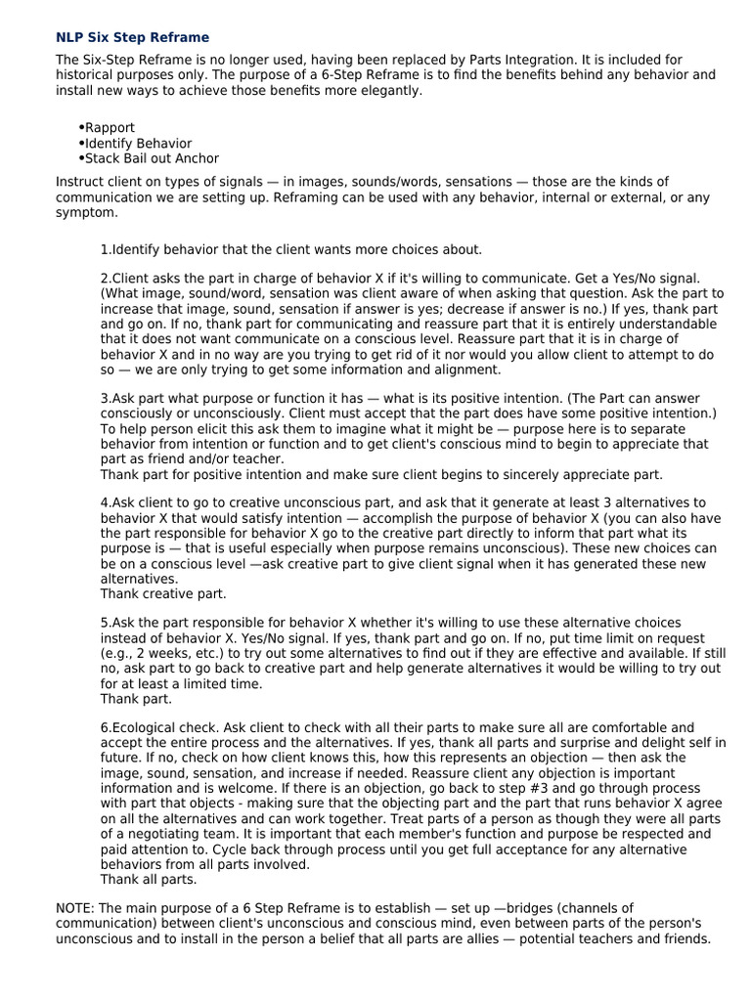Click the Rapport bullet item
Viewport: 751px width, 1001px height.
pyautogui.click(x=110, y=128)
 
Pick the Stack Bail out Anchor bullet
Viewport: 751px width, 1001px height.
pyautogui.click(x=152, y=158)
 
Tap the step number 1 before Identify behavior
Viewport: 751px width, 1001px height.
pyautogui.click(x=105, y=249)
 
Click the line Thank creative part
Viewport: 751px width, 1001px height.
pyautogui.click(x=163, y=593)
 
